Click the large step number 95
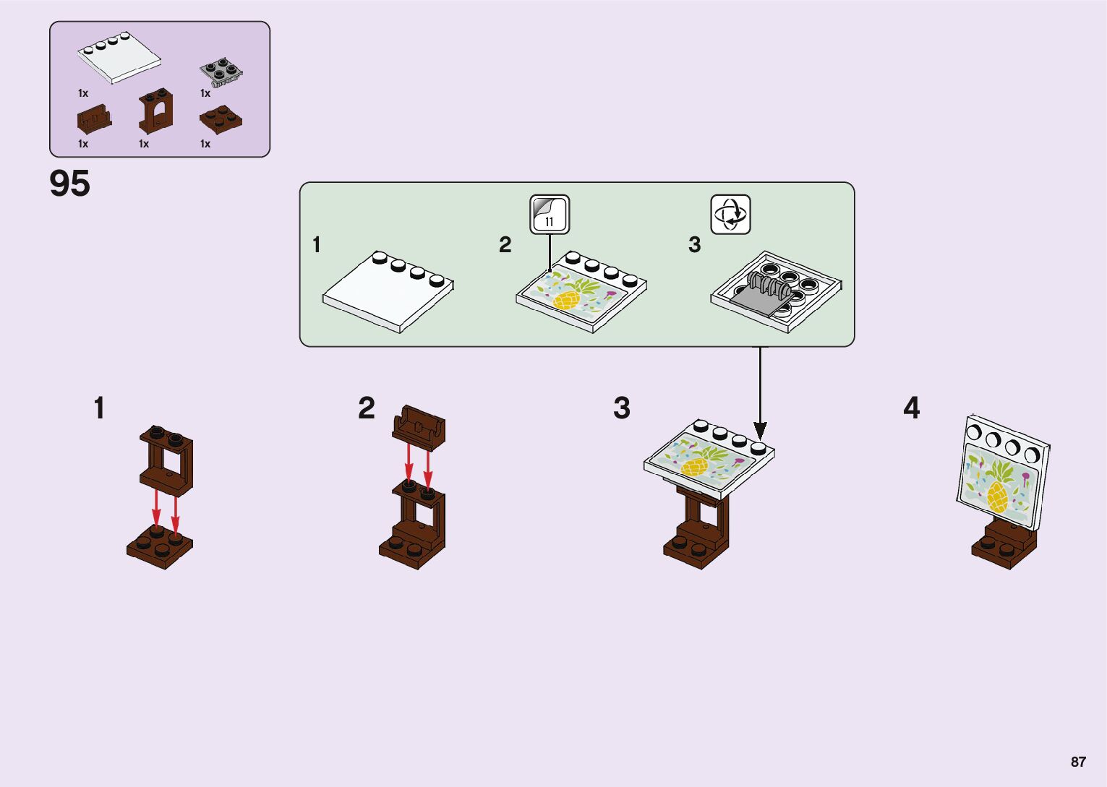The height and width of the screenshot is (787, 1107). pos(69,184)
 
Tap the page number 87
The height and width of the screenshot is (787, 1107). pos(1078,762)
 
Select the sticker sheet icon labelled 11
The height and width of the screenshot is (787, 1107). pos(550,214)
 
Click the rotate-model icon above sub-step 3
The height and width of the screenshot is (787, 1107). pos(730,214)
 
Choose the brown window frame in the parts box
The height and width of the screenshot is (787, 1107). pos(156,111)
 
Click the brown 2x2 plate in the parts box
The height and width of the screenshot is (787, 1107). pos(221,120)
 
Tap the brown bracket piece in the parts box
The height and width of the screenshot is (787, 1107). pos(94,120)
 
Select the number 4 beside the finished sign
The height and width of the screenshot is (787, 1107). pos(911,408)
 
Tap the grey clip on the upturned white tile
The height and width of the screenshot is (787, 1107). pos(763,293)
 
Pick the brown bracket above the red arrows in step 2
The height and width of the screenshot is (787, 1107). pos(419,426)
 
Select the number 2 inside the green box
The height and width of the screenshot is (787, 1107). pos(505,245)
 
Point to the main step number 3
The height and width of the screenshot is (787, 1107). pos(622,408)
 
